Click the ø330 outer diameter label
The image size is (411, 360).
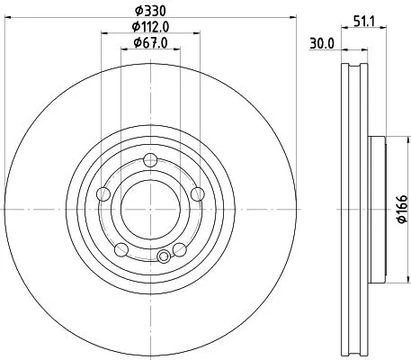149,10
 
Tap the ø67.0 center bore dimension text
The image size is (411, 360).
149,41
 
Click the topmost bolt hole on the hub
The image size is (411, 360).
149,161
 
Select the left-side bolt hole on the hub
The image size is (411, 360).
103,193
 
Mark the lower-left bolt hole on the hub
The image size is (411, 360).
121,248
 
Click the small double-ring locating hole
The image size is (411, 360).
163,257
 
